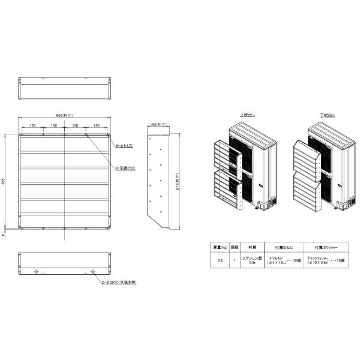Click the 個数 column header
coord(235,247)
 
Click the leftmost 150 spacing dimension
coord(32,126)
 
